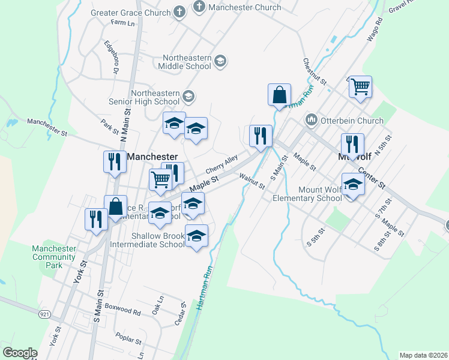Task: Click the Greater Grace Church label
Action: point(131,11)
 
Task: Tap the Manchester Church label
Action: point(245,7)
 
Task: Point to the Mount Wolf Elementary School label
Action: point(307,194)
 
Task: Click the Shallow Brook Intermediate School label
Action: point(148,240)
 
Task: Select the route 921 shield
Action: point(46,314)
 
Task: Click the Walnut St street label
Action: point(252,181)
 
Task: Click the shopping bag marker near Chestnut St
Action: point(279,95)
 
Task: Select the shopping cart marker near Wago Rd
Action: point(360,87)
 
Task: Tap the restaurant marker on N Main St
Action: point(112,162)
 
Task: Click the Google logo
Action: point(20,353)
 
